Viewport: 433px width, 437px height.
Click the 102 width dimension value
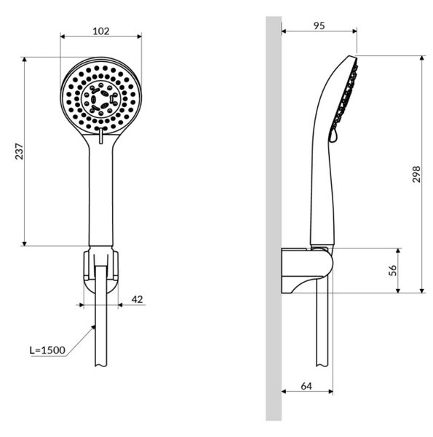pos(101,31)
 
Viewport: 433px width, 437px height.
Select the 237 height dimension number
pos(19,151)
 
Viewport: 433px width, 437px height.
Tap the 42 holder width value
pos(137,299)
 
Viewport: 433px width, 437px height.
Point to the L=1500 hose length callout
pos(47,350)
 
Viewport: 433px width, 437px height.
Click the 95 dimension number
pos(319,25)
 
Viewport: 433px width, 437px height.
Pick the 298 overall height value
pos(416,174)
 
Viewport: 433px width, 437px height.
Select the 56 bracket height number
pos(392,270)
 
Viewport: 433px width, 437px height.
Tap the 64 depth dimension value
pos(306,386)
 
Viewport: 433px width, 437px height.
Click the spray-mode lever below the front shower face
pos(101,135)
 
